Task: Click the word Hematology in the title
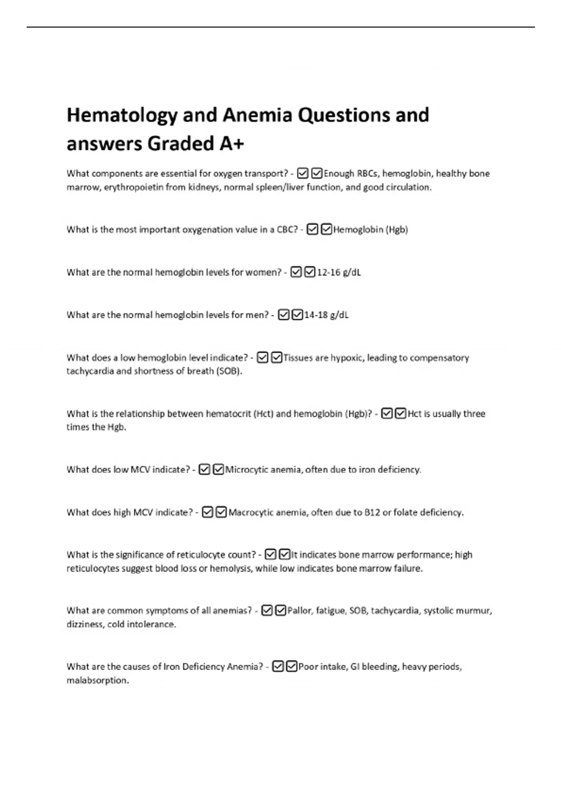pyautogui.click(x=122, y=115)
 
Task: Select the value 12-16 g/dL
pyautogui.click(x=339, y=272)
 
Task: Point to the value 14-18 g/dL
pyautogui.click(x=326, y=315)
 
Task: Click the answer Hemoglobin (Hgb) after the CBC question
pyautogui.click(x=371, y=230)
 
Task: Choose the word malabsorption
pyautogui.click(x=98, y=681)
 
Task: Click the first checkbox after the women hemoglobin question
pyautogui.click(x=296, y=272)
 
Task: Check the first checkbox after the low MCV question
pyautogui.click(x=204, y=470)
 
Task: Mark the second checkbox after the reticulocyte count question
pyautogui.click(x=284, y=555)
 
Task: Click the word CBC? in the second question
pyautogui.click(x=287, y=230)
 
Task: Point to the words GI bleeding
pyautogui.click(x=374, y=667)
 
